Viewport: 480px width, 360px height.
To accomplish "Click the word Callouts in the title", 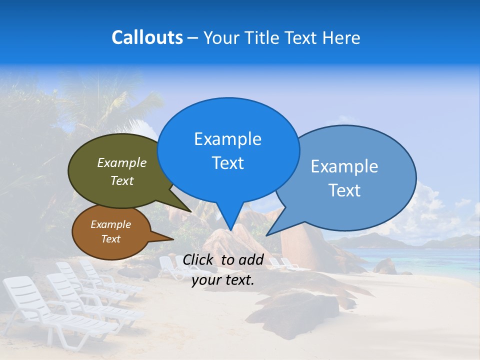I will [147, 37].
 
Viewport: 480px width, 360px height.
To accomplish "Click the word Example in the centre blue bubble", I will [227, 139].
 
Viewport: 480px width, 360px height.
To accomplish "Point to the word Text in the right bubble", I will [344, 190].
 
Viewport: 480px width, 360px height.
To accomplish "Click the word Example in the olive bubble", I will [122, 163].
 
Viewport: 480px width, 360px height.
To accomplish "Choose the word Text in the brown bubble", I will [111, 239].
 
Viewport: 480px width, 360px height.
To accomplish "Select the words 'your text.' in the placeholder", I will [223, 280].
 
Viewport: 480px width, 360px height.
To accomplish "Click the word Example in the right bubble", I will [344, 166].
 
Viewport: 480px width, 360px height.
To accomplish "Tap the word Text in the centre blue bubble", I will [227, 163].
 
